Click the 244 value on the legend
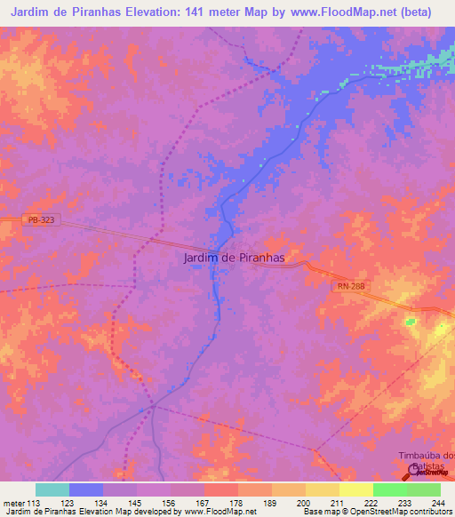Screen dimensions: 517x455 (x=436, y=503)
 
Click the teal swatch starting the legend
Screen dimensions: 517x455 (x=52, y=489)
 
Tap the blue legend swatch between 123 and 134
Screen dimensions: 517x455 (x=85, y=489)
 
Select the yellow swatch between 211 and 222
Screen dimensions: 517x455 (x=355, y=489)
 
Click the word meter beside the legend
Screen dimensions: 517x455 (x=12, y=503)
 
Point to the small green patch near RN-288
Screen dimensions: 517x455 (x=411, y=321)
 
